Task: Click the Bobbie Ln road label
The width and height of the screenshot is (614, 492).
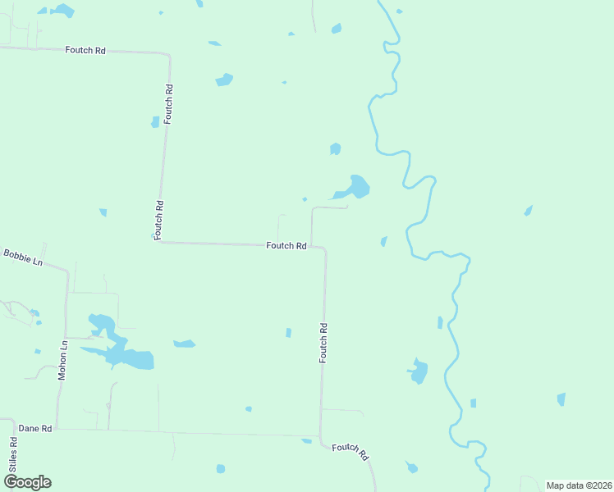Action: [22, 257]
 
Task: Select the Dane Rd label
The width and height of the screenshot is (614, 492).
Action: [35, 428]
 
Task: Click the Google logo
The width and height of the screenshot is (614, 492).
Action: [27, 481]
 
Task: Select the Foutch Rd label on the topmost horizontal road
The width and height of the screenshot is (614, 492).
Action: [85, 50]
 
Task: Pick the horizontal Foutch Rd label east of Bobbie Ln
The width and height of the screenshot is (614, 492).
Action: [286, 245]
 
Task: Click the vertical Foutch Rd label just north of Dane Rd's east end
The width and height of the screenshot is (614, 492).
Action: [324, 343]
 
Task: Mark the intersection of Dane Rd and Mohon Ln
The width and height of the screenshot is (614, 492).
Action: [57, 428]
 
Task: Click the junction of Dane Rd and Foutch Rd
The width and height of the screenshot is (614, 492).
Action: [320, 436]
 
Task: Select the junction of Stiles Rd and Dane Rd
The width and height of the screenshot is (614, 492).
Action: [15, 426]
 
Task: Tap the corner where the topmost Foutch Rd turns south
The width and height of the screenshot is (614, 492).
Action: [169, 56]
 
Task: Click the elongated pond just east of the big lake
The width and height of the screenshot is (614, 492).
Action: [185, 344]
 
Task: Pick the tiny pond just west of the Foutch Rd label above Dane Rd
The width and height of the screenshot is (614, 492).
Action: [288, 332]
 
